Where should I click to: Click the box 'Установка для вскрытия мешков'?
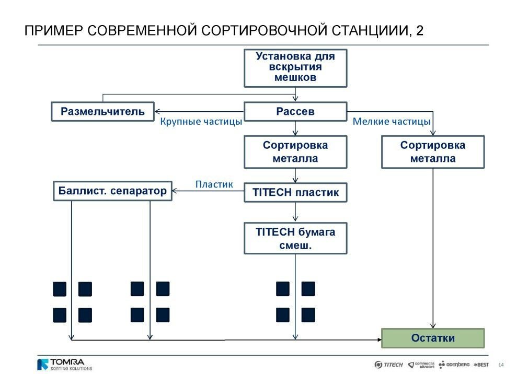(x=295, y=68)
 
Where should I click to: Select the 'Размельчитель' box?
(x=103, y=112)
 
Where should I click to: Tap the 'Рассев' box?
(x=295, y=112)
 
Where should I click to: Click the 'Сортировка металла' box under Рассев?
(x=295, y=152)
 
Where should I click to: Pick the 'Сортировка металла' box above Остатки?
(x=433, y=152)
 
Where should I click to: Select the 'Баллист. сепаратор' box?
(x=112, y=191)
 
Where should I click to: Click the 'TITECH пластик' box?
(x=295, y=192)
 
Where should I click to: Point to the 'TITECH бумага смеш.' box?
(x=295, y=238)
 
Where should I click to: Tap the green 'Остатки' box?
(x=433, y=338)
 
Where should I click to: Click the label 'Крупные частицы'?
(x=201, y=122)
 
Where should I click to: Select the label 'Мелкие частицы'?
(x=392, y=122)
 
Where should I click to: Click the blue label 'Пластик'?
(x=214, y=184)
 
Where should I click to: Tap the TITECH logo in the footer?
(x=388, y=365)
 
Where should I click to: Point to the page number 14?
(x=501, y=365)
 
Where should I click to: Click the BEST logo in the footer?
(x=481, y=365)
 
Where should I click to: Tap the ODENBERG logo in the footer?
(x=454, y=365)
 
